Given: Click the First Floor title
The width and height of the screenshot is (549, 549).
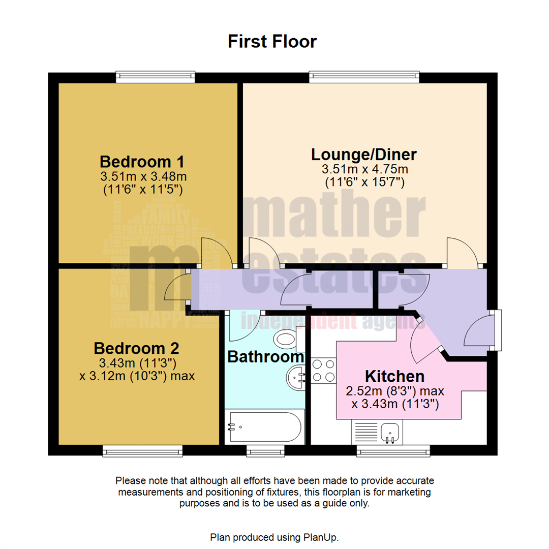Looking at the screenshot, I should click(x=272, y=41).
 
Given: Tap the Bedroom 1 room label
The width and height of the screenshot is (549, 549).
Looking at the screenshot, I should click(x=142, y=162).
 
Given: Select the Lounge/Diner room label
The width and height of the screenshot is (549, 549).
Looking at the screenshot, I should click(x=364, y=154).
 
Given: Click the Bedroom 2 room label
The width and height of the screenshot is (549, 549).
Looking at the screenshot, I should click(x=136, y=349).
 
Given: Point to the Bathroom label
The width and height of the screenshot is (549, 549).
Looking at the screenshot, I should click(x=265, y=357).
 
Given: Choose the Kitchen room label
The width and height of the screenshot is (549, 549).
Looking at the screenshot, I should click(x=395, y=377).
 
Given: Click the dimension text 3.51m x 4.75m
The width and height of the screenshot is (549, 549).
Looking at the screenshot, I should click(x=364, y=169).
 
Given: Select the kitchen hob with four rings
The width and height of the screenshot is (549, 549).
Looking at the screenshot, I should click(x=323, y=371).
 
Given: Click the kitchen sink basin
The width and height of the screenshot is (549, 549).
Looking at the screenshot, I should click(x=390, y=433).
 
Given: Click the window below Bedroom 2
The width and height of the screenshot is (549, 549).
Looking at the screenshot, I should click(x=142, y=450).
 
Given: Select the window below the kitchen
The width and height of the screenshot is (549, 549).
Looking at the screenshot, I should click(x=393, y=450).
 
